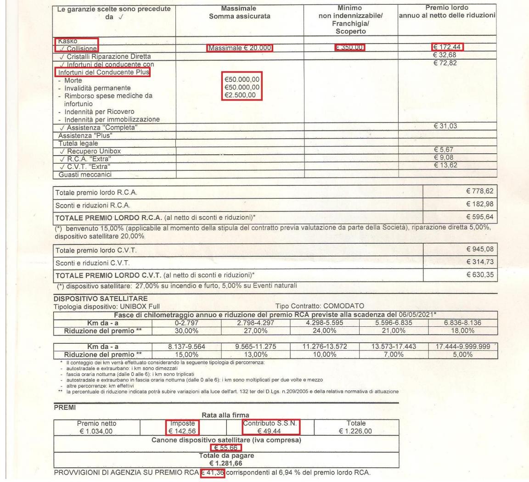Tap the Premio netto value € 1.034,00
pos(97,431)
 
